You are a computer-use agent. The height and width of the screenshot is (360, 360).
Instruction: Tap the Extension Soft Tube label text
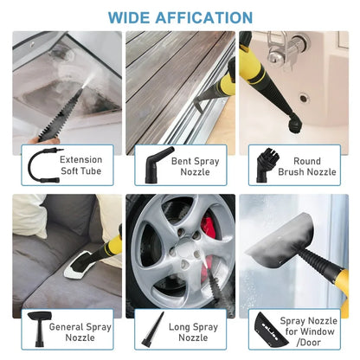80,165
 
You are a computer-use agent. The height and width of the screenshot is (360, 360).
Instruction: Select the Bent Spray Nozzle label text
195,165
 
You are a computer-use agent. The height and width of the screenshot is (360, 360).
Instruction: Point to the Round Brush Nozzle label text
308,165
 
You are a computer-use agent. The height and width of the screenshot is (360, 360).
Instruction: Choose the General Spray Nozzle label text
80,334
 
